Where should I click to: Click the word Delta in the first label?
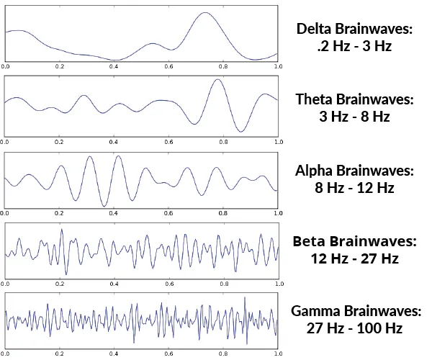tap(313, 28)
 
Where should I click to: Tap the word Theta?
tap(314, 99)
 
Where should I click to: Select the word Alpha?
tap(313, 171)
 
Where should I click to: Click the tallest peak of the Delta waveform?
tap(205, 13)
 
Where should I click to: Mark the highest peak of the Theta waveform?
tap(217, 80)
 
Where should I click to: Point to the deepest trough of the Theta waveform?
tap(240, 132)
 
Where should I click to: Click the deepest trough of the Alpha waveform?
tap(104, 206)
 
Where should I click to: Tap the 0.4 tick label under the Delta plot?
tap(114, 66)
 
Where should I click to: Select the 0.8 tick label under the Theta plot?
tap(223, 142)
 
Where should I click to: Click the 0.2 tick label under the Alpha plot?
tap(59, 213)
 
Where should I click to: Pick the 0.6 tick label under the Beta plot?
tap(169, 284)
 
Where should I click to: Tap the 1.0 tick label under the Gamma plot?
tap(278, 354)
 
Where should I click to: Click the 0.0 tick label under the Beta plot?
tap(5, 284)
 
